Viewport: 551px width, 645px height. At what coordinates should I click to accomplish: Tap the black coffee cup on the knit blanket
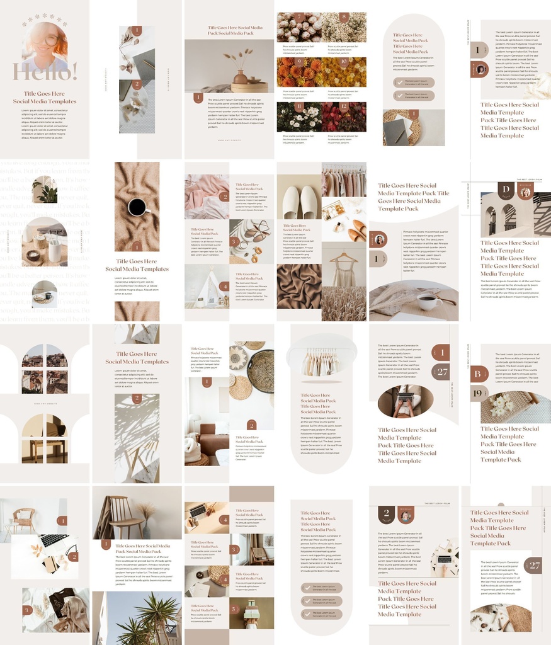coord(137,206)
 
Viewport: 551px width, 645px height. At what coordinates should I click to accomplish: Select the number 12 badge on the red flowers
coord(344,106)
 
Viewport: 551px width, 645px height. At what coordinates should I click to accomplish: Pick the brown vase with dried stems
coord(241,76)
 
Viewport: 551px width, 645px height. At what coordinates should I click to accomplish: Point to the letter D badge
coord(505,190)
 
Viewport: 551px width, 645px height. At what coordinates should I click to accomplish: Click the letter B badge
coord(478,374)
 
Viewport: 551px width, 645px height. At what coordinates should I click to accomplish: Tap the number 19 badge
coord(478,394)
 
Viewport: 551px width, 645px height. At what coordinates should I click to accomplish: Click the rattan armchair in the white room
coord(25,519)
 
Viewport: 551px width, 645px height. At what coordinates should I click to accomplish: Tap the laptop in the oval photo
coord(404,397)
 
